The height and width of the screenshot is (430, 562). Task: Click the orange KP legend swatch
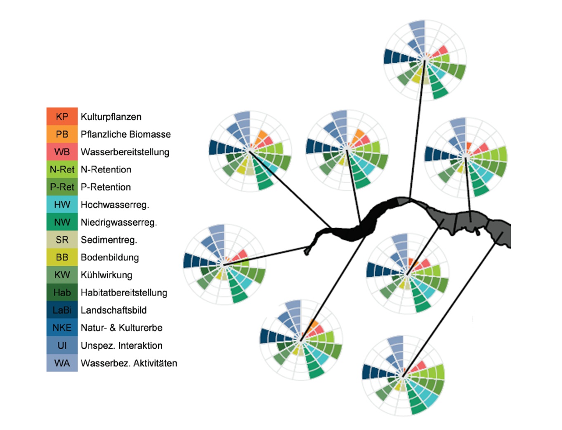coord(62,116)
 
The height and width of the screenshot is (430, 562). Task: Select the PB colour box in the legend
coord(62,134)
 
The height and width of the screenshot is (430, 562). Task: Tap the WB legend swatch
coord(62,151)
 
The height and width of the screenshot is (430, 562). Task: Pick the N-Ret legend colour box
coord(62,169)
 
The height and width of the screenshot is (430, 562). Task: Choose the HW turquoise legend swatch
coord(62,204)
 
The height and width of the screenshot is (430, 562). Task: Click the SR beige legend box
coord(62,240)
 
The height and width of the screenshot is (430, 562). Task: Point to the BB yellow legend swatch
coord(62,257)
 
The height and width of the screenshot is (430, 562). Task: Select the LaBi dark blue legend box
coord(62,310)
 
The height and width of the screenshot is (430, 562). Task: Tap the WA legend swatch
coord(62,363)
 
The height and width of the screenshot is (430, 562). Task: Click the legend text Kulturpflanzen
coord(111,117)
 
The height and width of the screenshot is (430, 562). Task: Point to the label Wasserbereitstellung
coord(125,152)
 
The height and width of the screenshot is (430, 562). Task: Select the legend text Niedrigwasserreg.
coord(118,222)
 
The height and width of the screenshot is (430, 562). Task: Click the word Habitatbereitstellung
coord(124,293)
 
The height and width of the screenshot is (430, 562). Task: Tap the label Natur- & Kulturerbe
coord(121,328)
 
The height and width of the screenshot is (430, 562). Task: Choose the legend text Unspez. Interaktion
coord(121,345)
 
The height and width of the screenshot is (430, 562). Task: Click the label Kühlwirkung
coord(106,275)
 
